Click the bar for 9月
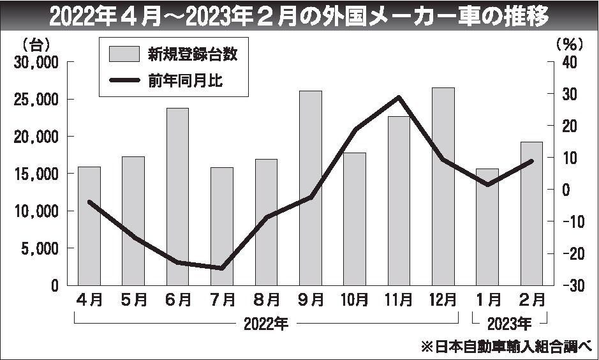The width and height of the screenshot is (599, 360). pos(311,188)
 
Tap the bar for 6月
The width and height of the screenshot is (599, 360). pos(177,197)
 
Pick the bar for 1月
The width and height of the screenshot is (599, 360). pos(487,227)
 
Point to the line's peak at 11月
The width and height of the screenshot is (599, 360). pos(399,97)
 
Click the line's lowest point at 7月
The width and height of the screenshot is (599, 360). pos(222,268)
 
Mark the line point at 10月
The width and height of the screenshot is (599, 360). pos(355,130)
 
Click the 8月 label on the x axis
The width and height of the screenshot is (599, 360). pos(266,299)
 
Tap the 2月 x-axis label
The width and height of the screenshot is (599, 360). pos(532,299)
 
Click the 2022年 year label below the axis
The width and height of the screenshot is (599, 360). pos(266,324)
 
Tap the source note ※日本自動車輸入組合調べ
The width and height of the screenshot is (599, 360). pos(506,347)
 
